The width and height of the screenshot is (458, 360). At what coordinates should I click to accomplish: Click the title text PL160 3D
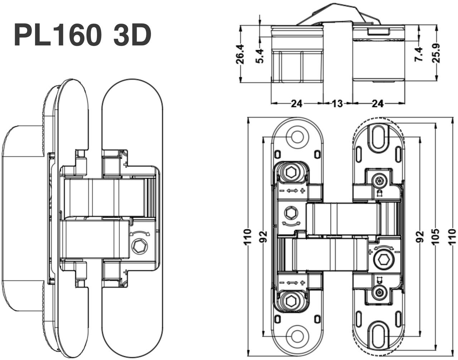pyautogui.click(x=82, y=35)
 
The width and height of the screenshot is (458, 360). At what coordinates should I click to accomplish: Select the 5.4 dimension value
pyautogui.click(x=260, y=56)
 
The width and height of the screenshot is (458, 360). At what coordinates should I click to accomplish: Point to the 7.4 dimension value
pyautogui.click(x=419, y=54)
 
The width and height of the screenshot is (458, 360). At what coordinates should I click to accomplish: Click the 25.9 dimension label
pyautogui.click(x=435, y=53)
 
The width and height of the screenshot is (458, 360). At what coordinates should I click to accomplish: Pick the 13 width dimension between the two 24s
pyautogui.click(x=337, y=104)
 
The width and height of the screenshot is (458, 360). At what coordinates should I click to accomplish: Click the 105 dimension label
pyautogui.click(x=435, y=237)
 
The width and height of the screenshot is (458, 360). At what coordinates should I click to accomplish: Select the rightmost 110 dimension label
pyautogui.click(x=452, y=237)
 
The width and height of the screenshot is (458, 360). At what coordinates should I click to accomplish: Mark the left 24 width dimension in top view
pyautogui.click(x=296, y=104)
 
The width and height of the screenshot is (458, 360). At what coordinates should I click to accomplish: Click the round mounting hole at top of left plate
pyautogui.click(x=297, y=137)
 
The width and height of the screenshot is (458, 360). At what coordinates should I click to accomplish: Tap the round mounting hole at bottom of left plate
pyautogui.click(x=297, y=336)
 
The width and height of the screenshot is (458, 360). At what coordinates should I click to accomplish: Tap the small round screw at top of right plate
pyautogui.click(x=379, y=181)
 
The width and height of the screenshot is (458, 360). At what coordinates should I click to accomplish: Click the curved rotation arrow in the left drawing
pyautogui.click(x=140, y=233)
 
